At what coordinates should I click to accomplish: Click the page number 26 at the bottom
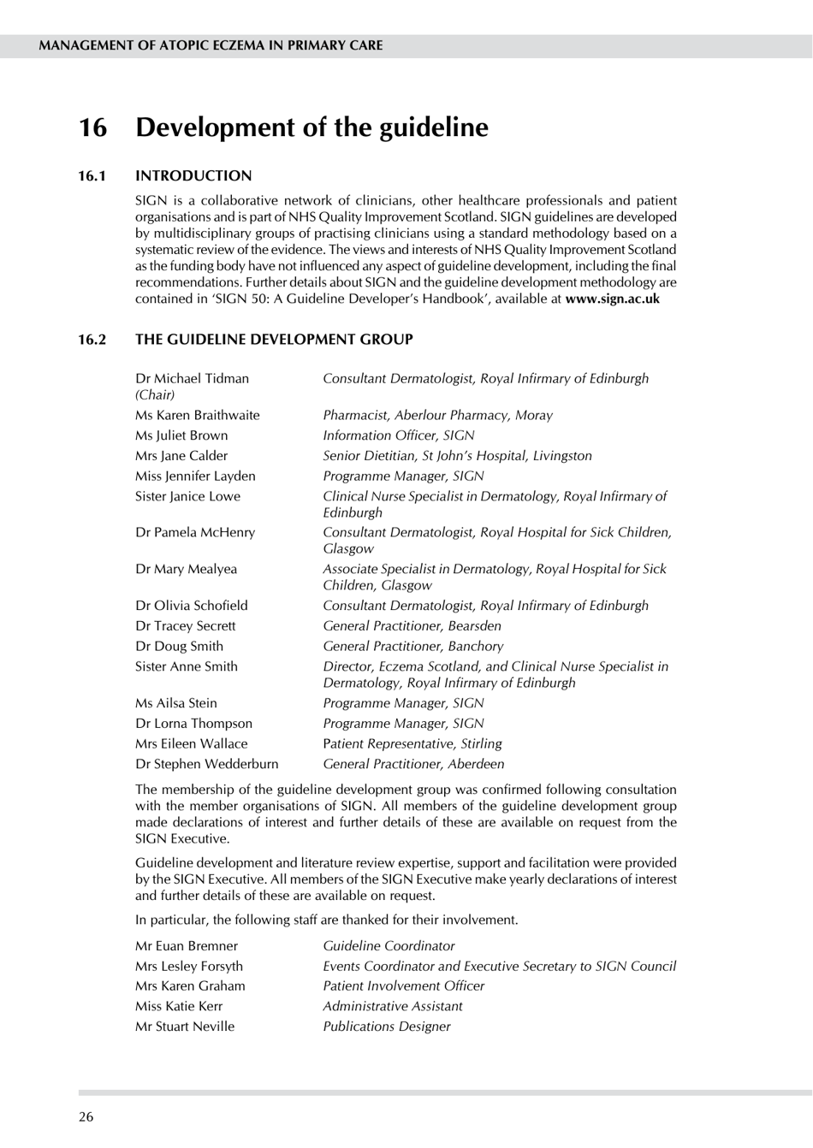(86, 1116)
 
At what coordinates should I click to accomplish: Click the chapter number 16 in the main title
(93, 127)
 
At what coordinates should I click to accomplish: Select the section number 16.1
(92, 176)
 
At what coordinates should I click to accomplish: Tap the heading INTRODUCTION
(193, 176)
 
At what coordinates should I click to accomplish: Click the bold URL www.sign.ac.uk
(612, 299)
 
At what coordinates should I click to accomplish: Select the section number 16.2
(92, 340)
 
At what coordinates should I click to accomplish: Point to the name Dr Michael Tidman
(192, 378)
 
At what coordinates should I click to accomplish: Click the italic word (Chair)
(155, 394)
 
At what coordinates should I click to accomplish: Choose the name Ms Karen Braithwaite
(197, 415)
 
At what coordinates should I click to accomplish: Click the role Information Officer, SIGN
(398, 435)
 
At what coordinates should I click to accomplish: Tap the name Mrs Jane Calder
(181, 456)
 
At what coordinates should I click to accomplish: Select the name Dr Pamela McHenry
(195, 532)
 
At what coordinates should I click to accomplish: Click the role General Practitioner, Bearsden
(412, 625)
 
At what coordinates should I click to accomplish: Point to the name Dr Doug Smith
(179, 646)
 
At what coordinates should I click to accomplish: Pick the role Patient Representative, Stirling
(412, 743)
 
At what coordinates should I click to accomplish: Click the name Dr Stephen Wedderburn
(206, 764)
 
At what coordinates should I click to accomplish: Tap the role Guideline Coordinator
(389, 945)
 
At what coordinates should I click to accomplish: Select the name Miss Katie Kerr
(178, 1006)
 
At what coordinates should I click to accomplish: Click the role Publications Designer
(386, 1027)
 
